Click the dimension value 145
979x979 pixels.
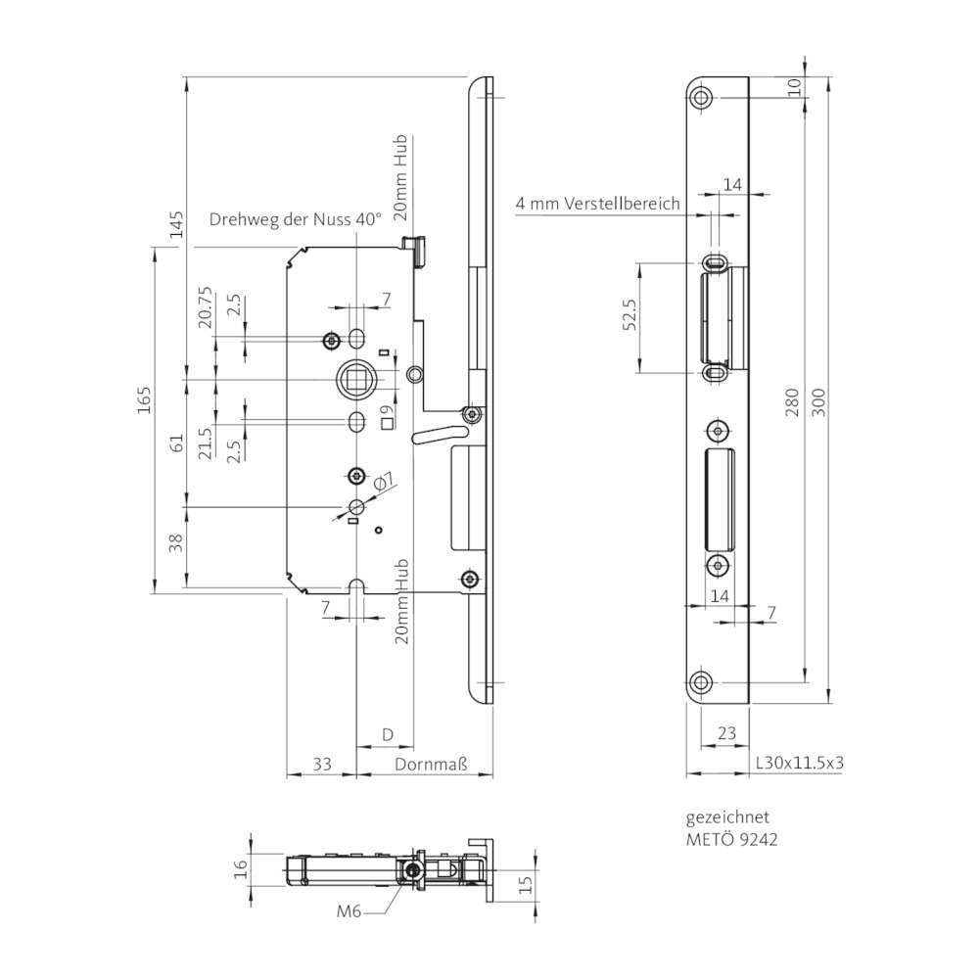click(x=176, y=224)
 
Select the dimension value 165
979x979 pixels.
click(x=144, y=400)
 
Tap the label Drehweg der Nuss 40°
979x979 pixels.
click(x=295, y=220)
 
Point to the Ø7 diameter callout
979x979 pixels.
click(x=384, y=482)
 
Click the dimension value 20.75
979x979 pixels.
click(x=206, y=307)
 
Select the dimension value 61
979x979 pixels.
click(x=176, y=443)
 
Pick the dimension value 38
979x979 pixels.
click(x=176, y=542)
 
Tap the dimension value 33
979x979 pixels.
click(x=321, y=764)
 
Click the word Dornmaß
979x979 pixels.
click(x=431, y=764)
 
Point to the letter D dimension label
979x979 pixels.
click(x=387, y=735)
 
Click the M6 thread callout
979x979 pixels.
click(x=350, y=911)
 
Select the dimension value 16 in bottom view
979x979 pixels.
click(x=241, y=867)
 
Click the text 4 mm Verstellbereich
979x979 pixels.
click(x=597, y=204)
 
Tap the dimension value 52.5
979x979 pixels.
click(x=629, y=314)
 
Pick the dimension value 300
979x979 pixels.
click(x=820, y=402)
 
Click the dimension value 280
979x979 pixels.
click(x=792, y=402)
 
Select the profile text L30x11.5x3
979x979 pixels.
click(x=800, y=763)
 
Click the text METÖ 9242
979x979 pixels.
click(x=731, y=840)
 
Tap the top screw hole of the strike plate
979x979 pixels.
click(x=702, y=97)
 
